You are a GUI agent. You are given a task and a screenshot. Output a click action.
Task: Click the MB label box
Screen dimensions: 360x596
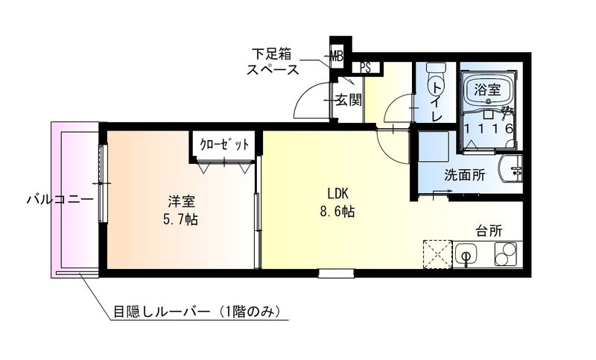pos(337,55)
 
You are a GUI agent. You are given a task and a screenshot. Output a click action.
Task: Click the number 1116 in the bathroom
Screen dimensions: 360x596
pos(488,129)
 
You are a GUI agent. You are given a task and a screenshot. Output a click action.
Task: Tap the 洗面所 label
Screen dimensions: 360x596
pos(465,177)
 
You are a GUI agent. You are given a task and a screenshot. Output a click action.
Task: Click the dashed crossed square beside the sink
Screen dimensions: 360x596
pos(437,255)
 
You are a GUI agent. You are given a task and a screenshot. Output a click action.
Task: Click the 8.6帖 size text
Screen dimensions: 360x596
pos(337,212)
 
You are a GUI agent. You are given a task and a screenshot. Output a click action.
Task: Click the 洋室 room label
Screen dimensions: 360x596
pos(182,201)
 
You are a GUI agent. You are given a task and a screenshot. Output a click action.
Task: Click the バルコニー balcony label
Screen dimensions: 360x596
pos(60,200)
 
